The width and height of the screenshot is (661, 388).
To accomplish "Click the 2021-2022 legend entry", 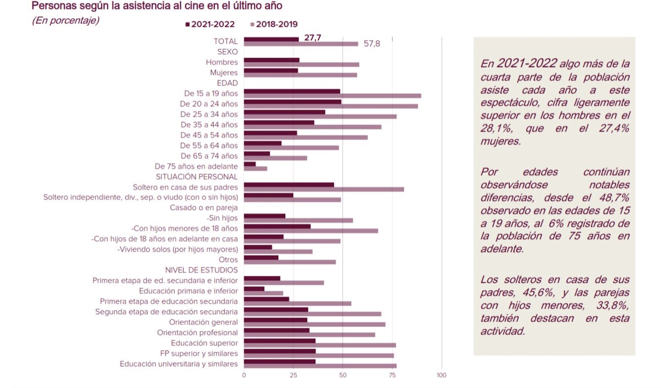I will (210, 24).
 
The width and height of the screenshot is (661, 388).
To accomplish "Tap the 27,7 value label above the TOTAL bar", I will (313, 38).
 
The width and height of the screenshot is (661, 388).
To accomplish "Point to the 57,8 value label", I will (372, 44).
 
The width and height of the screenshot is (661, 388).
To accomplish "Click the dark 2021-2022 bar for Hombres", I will (272, 60).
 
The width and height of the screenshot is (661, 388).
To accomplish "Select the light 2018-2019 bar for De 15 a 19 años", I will (332, 96).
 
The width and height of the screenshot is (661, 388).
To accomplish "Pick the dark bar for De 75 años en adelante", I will (250, 164).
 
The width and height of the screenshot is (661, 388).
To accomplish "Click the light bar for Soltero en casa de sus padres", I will (324, 189).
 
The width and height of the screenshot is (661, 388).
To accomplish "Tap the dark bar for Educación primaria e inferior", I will (254, 289).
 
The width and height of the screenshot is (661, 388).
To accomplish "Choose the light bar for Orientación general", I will (315, 324).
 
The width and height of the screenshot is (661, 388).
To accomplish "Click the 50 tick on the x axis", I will (343, 375).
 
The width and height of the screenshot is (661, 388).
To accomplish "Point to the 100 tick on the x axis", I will (441, 375).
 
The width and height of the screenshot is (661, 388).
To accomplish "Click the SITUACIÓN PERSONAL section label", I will (197, 177).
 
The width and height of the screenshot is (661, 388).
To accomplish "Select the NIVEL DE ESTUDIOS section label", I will (201, 270).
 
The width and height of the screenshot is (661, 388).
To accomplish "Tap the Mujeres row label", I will (224, 73).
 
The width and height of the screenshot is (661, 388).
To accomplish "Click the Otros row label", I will (228, 260).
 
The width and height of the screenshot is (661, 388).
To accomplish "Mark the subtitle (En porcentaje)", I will (66, 20).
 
